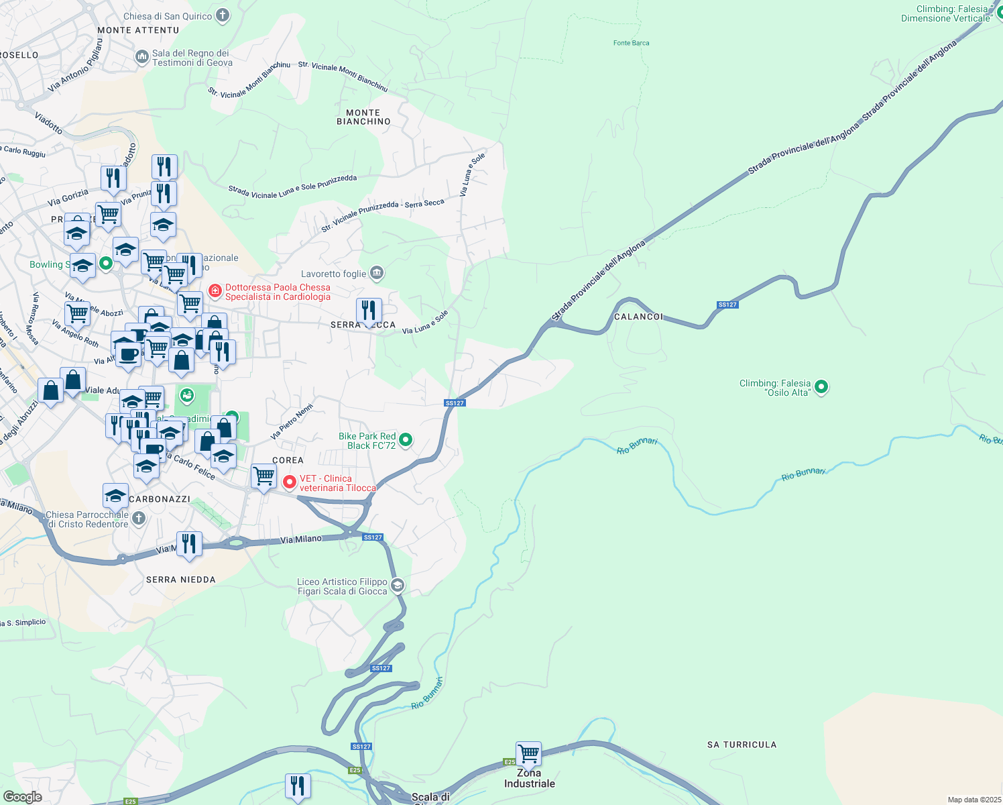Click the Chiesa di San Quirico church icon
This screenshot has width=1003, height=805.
click(x=223, y=15)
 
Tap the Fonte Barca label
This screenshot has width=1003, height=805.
click(x=631, y=43)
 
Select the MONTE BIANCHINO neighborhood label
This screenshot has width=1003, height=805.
click(x=363, y=117)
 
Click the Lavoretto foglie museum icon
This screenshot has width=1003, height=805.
click(x=377, y=273)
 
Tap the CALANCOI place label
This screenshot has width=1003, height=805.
click(x=638, y=317)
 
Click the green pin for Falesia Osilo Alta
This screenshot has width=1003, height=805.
click(x=821, y=387)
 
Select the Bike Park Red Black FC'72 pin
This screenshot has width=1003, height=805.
click(x=406, y=441)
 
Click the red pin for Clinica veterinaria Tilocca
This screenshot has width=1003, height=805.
click(x=290, y=482)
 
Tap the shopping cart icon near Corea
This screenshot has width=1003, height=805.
click(x=263, y=476)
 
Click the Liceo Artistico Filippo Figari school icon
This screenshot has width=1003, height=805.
click(x=398, y=586)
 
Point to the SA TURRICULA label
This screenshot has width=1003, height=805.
click(x=742, y=745)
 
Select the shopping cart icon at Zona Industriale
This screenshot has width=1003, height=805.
click(x=528, y=753)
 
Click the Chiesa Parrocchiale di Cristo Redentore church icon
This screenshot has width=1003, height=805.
click(x=139, y=519)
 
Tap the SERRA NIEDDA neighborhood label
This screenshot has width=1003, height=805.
click(x=181, y=580)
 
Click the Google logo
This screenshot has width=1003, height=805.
click(x=22, y=796)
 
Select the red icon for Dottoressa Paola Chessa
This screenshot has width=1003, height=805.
click(x=215, y=290)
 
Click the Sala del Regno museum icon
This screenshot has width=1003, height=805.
click(x=141, y=57)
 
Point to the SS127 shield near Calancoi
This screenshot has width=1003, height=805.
click(x=727, y=305)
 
